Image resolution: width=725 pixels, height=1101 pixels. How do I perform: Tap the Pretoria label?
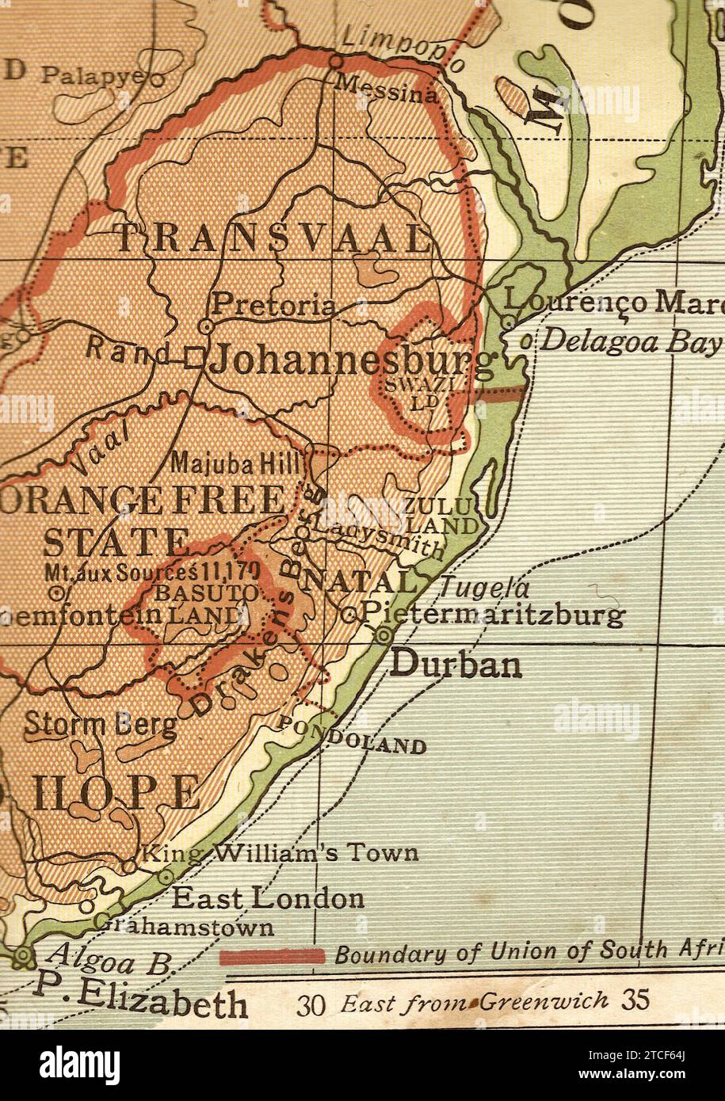[x=273, y=304]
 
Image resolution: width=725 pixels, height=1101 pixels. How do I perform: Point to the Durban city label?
[x=456, y=665]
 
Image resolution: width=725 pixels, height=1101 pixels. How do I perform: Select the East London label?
[x=269, y=899]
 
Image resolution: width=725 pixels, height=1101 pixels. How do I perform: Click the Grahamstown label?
[x=187, y=926]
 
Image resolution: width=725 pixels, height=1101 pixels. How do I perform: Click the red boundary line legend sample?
[x=272, y=956]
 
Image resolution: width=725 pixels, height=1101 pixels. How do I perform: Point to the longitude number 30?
[x=312, y=1004]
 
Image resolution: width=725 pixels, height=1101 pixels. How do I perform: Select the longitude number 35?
[x=635, y=1000]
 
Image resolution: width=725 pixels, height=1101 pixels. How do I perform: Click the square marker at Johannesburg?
[x=193, y=359]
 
